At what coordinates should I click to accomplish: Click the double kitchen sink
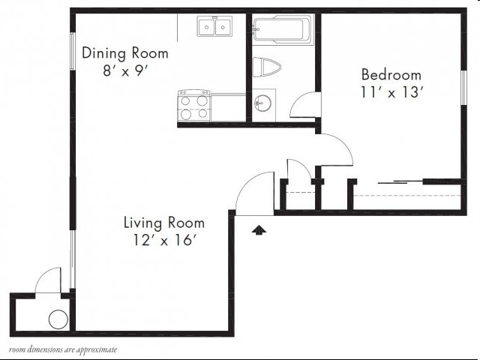click(x=214, y=28)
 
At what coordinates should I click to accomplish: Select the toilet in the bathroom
click(x=266, y=67)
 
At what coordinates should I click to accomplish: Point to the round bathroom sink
click(x=262, y=103)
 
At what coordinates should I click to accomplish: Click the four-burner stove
click(x=193, y=106)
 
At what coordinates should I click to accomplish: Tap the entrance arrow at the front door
click(x=259, y=230)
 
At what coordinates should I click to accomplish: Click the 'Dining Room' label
click(x=125, y=53)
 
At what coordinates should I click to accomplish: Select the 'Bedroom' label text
click(x=391, y=75)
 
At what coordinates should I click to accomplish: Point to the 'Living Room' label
click(x=163, y=223)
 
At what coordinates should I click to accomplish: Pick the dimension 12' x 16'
click(x=163, y=240)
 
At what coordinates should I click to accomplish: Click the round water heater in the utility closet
click(x=58, y=319)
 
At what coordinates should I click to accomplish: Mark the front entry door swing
click(x=255, y=194)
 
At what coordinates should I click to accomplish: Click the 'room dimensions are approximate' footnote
click(x=63, y=349)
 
